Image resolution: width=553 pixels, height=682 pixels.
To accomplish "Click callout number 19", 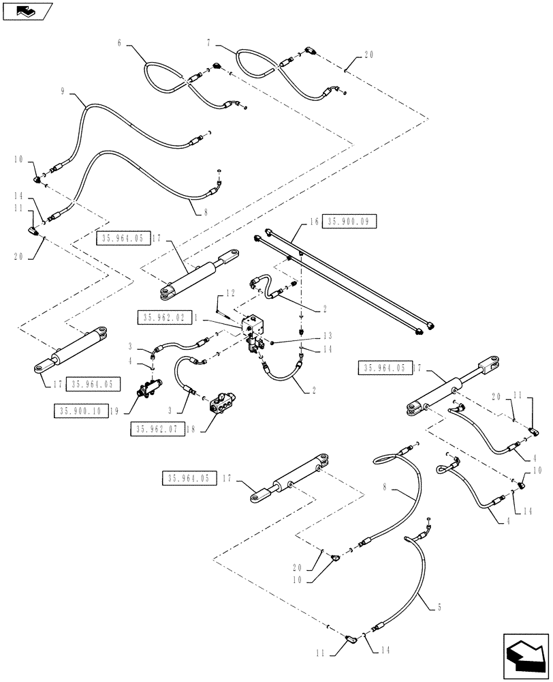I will (116, 411).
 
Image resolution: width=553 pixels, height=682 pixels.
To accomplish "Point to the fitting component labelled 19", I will (148, 390).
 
